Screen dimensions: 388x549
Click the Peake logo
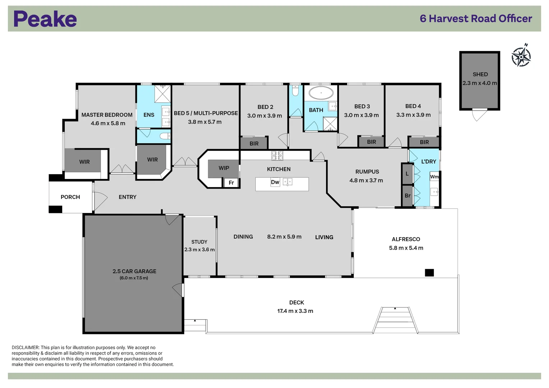(45, 19)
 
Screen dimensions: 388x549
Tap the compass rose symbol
(521, 56)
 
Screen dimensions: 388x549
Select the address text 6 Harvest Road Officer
(476, 19)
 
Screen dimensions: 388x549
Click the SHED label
(480, 74)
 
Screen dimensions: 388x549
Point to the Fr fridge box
(231, 183)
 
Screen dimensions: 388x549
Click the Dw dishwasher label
(275, 182)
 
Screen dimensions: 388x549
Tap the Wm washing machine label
(434, 177)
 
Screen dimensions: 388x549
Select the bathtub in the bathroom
(321, 93)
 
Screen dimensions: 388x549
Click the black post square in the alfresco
(429, 273)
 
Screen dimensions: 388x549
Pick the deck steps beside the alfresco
(395, 320)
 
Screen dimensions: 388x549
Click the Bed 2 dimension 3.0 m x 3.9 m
(264, 116)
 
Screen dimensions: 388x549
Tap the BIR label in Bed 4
(424, 142)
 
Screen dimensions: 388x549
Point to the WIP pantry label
(224, 168)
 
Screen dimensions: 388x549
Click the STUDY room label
(199, 242)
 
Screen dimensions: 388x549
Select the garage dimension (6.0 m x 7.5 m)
(134, 278)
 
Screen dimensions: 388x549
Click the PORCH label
(70, 197)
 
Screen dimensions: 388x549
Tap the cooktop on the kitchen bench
(277, 156)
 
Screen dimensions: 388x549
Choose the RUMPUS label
(367, 172)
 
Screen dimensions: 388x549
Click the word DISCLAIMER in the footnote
(25, 347)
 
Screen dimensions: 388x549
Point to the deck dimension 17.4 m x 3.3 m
(295, 311)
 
